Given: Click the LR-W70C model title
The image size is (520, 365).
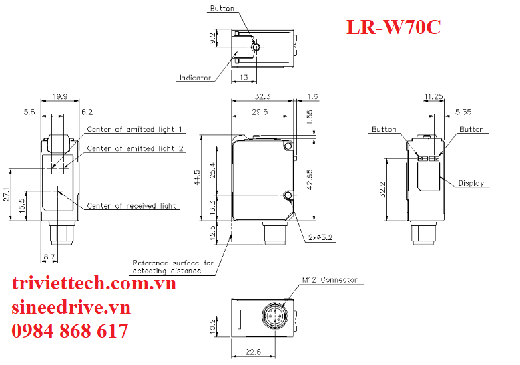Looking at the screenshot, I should pos(393,27).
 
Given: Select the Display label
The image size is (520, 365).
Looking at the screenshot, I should pos(471,183).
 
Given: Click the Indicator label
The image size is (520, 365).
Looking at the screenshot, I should pos(195,78).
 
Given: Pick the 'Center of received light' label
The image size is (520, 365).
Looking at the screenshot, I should pos(132,205).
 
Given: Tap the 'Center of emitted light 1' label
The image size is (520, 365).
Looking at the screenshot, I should pos(134,129).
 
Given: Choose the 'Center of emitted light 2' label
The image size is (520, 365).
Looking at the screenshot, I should pos(136,148).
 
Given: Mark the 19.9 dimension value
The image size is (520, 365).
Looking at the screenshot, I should pos(59,97).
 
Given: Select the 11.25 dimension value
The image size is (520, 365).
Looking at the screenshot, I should pos(433,97).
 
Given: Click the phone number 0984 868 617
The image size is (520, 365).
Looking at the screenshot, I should pos(71,331).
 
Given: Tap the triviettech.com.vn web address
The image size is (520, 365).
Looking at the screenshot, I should pos(94,283).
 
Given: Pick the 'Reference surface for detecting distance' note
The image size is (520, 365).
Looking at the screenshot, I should pos(172,267).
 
